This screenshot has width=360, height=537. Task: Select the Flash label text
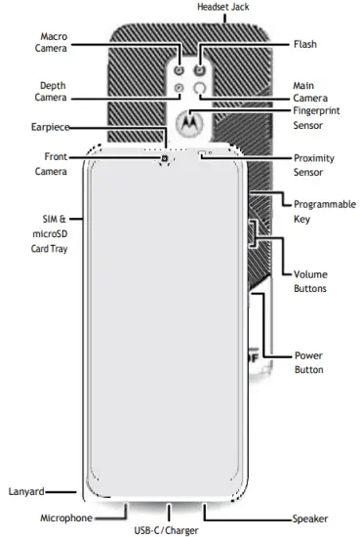click(x=304, y=44)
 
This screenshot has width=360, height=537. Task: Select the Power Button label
click(x=308, y=362)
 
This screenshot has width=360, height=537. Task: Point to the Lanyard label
click(x=23, y=491)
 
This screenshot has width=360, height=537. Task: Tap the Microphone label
click(x=65, y=517)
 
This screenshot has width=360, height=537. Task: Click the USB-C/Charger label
click(x=167, y=530)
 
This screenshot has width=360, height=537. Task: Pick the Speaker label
click(x=309, y=518)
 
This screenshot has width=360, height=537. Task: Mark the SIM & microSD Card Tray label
click(x=46, y=233)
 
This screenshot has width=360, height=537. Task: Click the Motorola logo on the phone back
click(x=190, y=121)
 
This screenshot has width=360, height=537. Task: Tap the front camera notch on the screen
click(x=166, y=158)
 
